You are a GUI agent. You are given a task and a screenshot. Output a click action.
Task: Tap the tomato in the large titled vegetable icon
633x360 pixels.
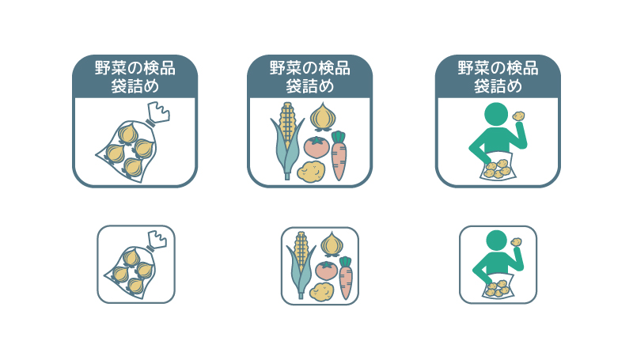pos(316,147)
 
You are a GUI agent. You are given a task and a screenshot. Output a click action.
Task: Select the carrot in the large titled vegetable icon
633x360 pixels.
pos(339,155)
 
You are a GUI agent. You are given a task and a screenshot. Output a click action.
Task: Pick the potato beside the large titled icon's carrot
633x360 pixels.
pos(311,171)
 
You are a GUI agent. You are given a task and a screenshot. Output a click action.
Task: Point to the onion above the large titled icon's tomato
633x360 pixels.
pos(323,116)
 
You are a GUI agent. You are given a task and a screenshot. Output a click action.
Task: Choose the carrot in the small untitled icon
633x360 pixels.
pos(346,278)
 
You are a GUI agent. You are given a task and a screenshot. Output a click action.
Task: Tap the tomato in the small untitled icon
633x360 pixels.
pos(326,271)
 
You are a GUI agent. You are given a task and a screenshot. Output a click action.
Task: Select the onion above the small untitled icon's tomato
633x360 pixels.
pos(332,244)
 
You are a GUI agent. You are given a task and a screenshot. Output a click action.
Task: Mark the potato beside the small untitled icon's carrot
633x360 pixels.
pos(322,291)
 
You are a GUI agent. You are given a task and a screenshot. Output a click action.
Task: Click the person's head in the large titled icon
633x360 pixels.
pos(496,114)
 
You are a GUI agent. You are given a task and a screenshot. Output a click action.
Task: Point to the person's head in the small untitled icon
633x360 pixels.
pos(496,241)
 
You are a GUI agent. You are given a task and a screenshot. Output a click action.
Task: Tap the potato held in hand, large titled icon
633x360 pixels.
pos(519,116)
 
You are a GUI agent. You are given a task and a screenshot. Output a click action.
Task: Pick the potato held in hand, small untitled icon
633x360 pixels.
pos(517,242)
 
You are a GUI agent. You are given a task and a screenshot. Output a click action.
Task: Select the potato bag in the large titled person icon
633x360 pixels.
pos(498,167)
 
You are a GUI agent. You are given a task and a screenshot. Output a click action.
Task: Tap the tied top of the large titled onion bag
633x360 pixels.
pos(158,113)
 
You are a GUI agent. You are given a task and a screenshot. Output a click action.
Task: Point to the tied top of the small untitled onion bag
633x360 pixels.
pos(157,241)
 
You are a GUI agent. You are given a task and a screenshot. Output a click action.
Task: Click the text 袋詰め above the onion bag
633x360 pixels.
pos(135,86)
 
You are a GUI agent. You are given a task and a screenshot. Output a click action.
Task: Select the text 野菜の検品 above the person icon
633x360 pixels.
pos(498,68)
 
